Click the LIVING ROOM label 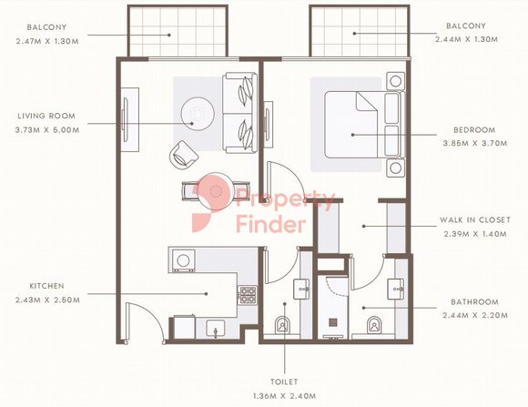(46, 116)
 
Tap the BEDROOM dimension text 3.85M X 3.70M (475, 143)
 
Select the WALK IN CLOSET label (475, 220)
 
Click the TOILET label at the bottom (284, 382)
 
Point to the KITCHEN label (46, 286)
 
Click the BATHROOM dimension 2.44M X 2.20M (475, 316)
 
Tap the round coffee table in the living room (198, 114)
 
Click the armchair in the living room (183, 155)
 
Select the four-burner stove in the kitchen (248, 296)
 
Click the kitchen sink (216, 329)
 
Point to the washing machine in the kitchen (183, 260)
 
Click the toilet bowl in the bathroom (373, 325)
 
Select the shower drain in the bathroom (332, 322)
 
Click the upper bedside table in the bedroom (395, 81)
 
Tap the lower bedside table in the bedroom (395, 168)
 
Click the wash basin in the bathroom (396, 289)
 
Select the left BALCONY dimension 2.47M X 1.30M (47, 42)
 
